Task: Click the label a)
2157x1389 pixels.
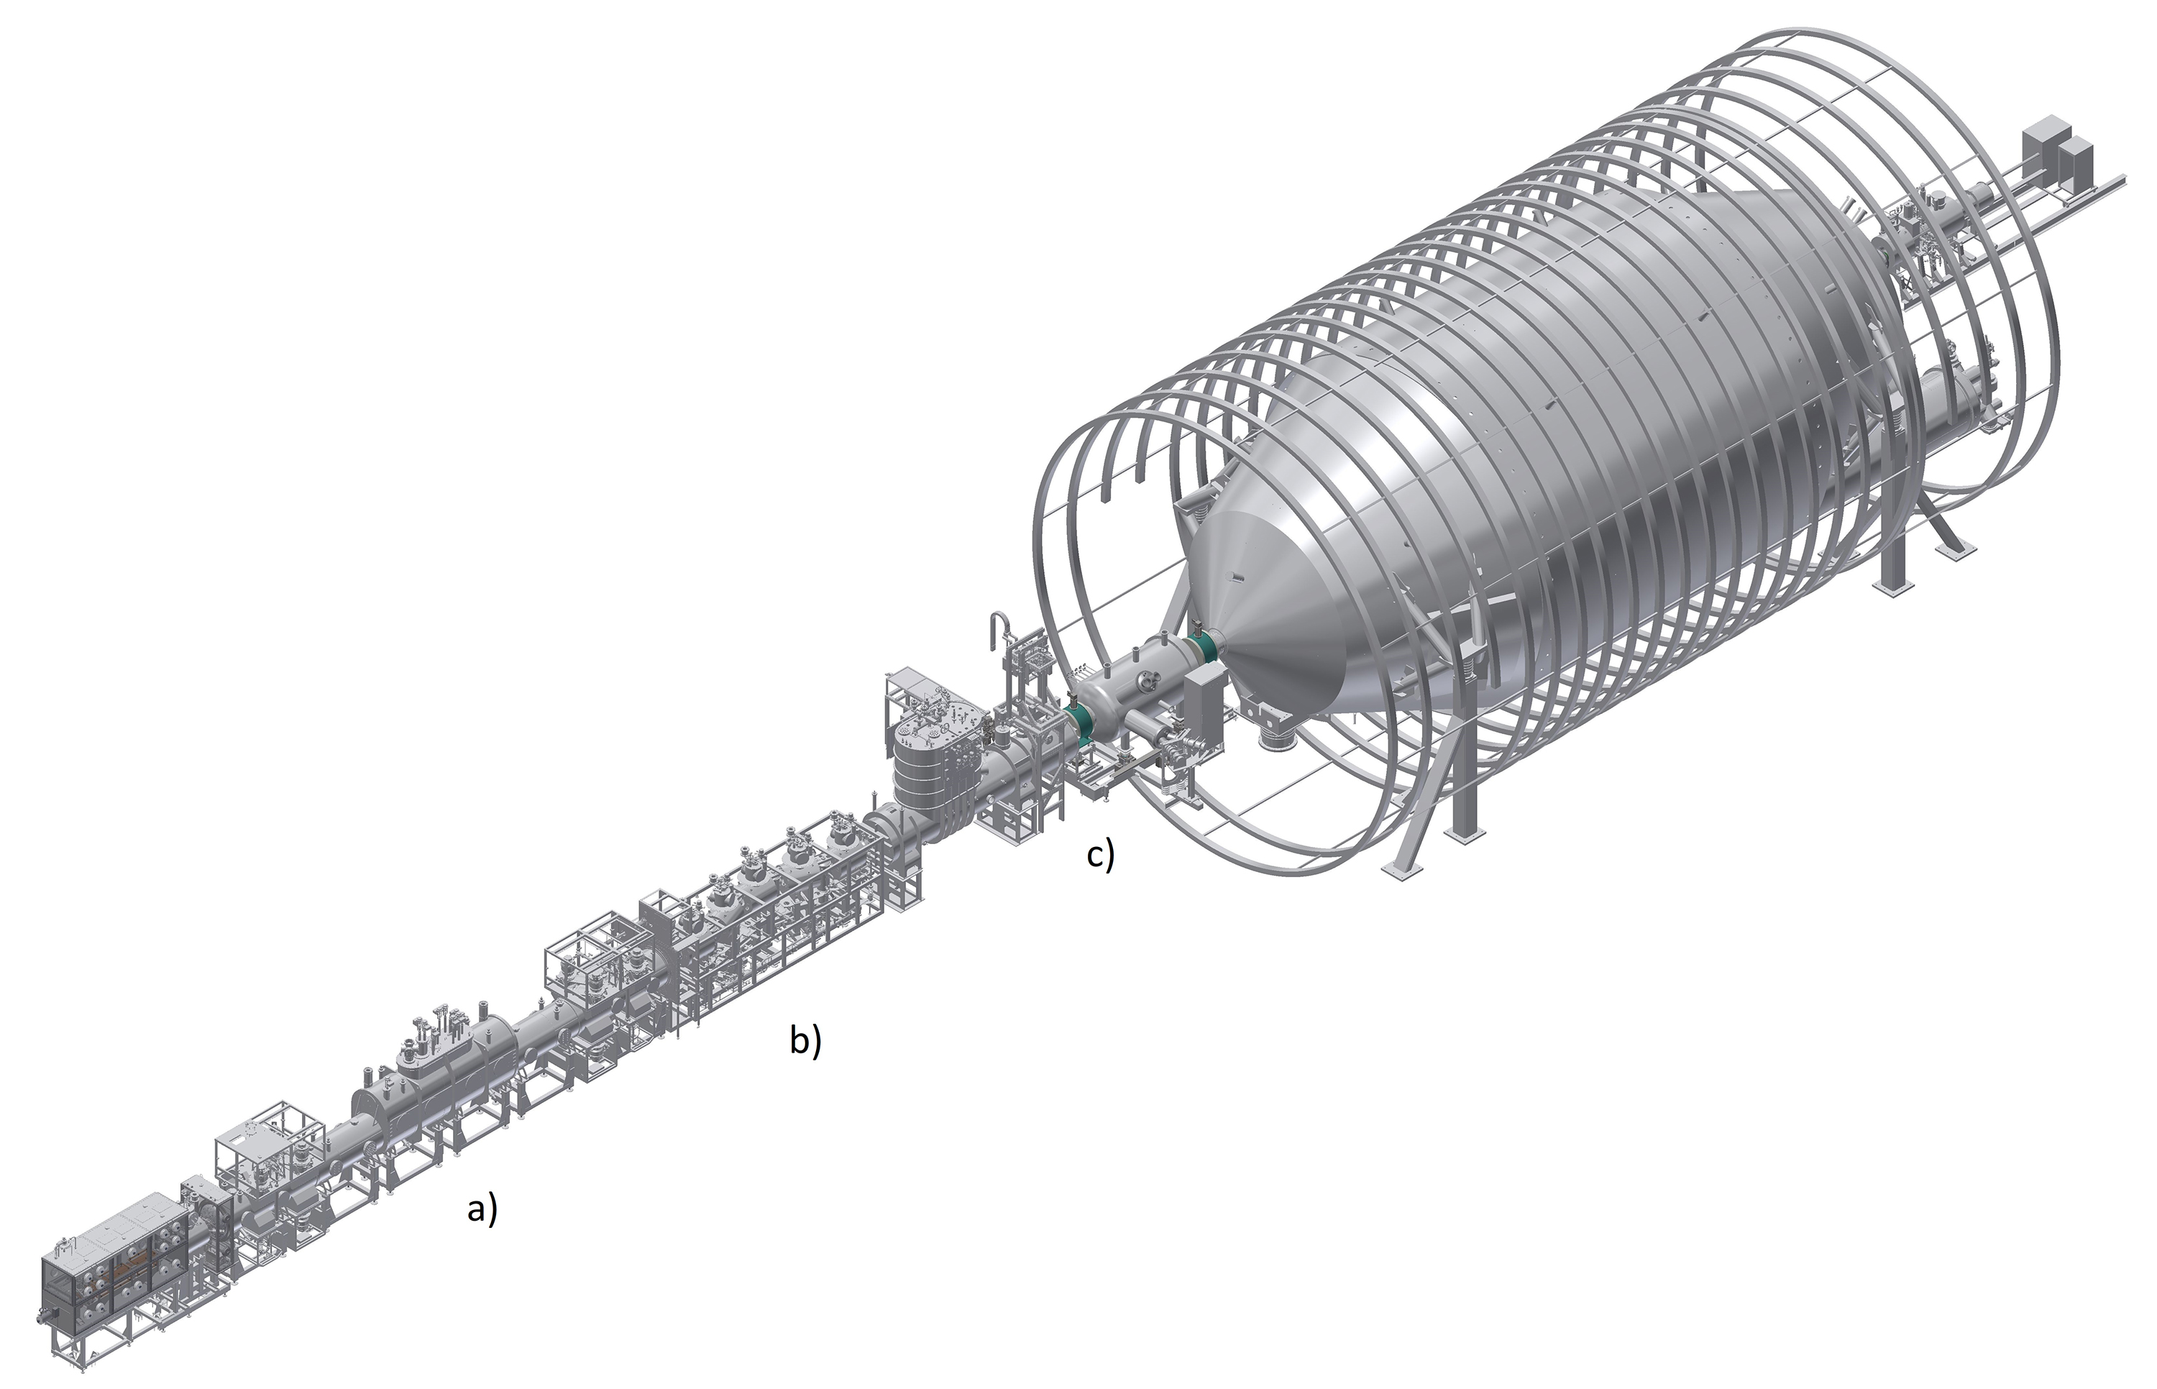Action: pos(482,1209)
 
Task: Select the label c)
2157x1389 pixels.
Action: pos(1100,854)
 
